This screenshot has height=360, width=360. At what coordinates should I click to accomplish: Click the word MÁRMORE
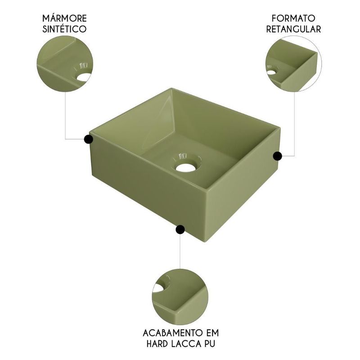pos(64,18)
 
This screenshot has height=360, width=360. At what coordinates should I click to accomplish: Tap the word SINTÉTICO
pos(64,29)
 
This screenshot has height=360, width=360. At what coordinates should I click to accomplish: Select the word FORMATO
pos(293,18)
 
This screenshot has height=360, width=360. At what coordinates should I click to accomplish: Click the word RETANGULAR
pos(293,29)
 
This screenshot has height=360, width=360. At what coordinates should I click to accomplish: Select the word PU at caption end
pos(211,344)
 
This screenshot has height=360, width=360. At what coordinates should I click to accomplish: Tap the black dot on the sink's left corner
pos(88,139)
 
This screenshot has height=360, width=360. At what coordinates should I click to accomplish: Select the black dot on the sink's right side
pos(277,156)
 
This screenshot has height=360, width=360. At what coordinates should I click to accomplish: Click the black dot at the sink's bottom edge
pos(180,229)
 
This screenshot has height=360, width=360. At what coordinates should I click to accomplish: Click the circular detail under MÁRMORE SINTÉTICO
pos(65,63)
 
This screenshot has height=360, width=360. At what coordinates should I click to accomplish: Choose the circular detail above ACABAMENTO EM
pos(180,297)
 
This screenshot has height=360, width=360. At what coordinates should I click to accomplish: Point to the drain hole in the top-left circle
pos(85,77)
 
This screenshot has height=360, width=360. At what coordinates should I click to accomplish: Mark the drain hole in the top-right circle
pos(271,72)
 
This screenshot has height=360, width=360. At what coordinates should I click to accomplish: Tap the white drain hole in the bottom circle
pos(158,288)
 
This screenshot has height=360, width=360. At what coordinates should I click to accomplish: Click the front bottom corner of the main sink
pos(207,242)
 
